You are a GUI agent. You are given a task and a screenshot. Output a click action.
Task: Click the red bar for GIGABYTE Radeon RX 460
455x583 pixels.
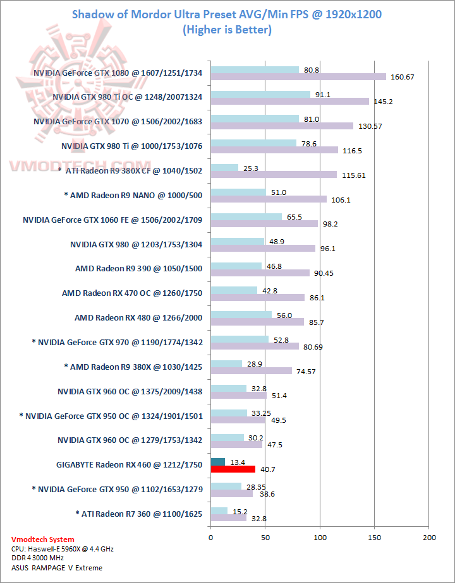point(233,469)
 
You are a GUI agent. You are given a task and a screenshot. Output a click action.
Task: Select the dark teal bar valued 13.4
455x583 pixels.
point(217,462)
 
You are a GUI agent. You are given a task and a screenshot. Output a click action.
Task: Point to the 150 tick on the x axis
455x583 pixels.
point(375,538)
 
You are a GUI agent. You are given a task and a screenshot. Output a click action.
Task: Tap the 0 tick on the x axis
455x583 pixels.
point(210,538)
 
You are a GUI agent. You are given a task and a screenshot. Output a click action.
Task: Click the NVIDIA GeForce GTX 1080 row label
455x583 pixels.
point(118,73)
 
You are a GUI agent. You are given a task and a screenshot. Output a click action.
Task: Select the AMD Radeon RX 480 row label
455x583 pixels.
point(138,317)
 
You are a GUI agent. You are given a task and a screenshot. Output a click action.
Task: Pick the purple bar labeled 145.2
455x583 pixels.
point(289,101)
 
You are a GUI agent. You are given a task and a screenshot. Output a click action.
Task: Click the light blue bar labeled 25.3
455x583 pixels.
point(224,168)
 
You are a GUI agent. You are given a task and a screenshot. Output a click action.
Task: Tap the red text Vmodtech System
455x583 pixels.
point(43,539)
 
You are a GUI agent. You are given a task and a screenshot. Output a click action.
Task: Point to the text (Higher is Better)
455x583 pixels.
point(227,30)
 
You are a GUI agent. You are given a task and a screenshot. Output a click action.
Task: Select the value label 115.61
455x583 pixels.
point(353,175)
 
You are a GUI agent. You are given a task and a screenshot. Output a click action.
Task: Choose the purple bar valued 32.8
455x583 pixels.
point(219,517)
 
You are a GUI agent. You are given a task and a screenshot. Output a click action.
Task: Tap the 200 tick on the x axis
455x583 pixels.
point(429,538)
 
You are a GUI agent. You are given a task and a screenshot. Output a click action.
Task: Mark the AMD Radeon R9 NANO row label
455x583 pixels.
point(133,195)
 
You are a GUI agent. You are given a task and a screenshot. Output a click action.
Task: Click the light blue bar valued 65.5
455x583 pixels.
point(246,216)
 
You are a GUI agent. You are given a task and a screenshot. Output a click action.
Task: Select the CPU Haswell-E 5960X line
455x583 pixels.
point(63,549)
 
